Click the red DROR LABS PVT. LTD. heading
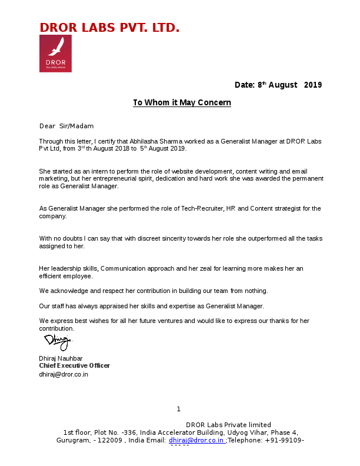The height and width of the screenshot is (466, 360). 109,28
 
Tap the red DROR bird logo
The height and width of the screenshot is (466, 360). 55,54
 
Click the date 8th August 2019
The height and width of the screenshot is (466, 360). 278,85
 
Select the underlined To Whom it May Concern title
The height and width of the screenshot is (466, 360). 182,102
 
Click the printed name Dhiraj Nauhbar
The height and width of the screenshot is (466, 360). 61,358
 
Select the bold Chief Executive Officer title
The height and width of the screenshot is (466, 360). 74,365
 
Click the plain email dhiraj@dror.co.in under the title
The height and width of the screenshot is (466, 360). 64,374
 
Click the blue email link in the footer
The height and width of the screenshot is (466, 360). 196,440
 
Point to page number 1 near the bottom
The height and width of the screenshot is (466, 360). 178,409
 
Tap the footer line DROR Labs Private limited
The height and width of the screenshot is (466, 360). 228,425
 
